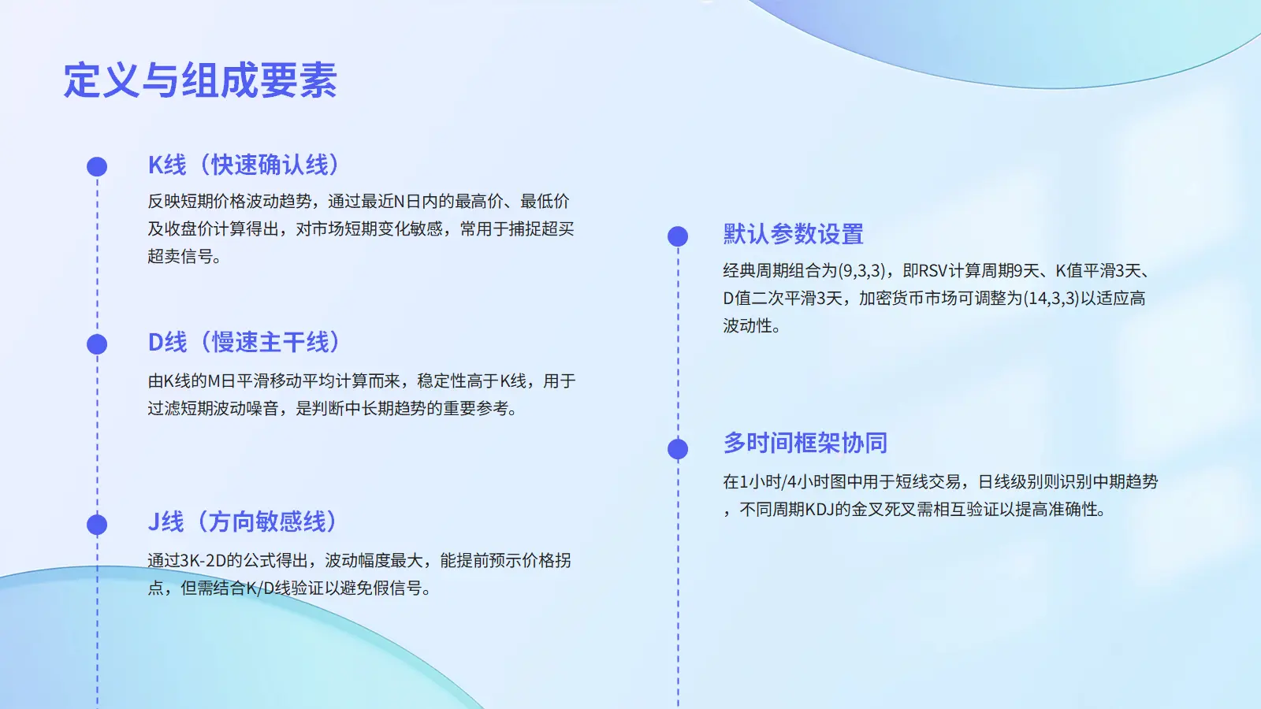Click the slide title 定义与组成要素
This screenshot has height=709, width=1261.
click(200, 80)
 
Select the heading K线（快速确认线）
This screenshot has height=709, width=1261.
click(244, 165)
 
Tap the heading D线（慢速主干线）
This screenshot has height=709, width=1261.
click(244, 342)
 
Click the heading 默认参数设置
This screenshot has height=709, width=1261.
click(793, 234)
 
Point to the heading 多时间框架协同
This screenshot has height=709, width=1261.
click(805, 443)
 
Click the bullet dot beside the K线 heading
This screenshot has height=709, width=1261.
click(97, 166)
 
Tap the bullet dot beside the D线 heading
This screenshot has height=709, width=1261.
click(97, 344)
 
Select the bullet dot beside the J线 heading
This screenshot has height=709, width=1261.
click(97, 525)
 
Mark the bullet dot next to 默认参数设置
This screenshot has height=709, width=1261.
click(678, 236)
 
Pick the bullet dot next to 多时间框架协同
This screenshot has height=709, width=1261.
click(678, 449)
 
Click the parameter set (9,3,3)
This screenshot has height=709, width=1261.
click(862, 271)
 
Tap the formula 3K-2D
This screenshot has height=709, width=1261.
click(203, 560)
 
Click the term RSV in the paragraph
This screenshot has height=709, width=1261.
click(933, 271)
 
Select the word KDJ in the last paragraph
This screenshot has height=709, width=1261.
click(819, 510)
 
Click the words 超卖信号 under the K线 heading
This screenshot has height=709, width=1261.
click(180, 257)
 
